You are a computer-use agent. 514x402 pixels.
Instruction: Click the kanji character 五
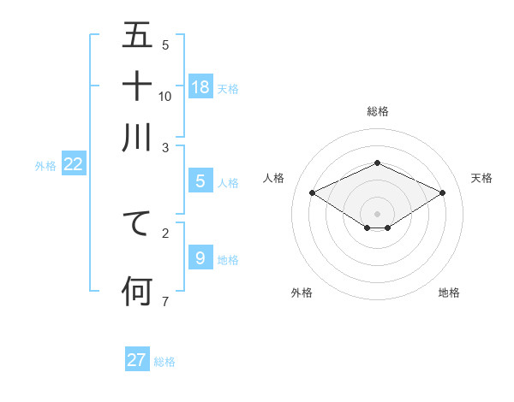137,37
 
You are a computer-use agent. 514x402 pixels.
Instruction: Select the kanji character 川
137,137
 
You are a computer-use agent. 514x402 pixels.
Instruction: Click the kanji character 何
137,290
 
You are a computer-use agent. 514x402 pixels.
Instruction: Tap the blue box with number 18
200,86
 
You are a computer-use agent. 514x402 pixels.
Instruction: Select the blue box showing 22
73,165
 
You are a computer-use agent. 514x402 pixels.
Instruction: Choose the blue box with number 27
137,360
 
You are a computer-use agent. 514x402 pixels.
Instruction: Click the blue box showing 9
200,257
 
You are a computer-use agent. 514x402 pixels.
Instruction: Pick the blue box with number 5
200,181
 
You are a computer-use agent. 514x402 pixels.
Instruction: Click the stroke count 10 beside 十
165,96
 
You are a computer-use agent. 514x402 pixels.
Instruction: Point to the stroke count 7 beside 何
165,300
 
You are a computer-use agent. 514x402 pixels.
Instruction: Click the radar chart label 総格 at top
378,111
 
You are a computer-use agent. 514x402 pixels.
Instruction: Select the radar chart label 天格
481,178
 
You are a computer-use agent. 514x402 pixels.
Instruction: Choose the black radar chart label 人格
273,178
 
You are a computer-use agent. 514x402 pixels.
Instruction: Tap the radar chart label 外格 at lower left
301,293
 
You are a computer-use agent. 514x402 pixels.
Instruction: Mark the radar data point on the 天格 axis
442,193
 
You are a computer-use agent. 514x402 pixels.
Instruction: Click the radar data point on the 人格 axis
313,193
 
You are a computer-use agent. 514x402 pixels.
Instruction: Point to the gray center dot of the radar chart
378,213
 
